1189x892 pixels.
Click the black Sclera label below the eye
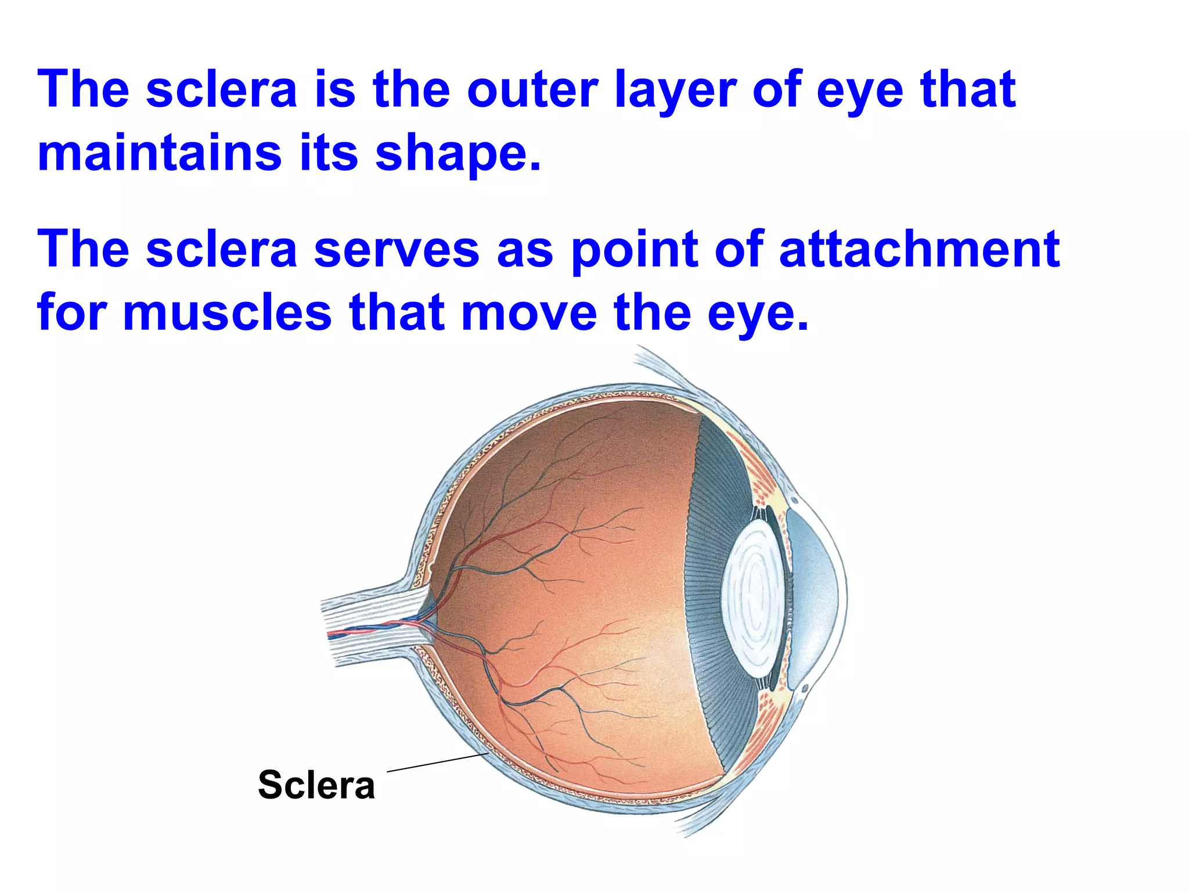pyautogui.click(x=316, y=785)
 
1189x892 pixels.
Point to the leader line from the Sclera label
pyautogui.click(x=437, y=762)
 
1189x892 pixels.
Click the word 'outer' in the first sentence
pyautogui.click(x=532, y=89)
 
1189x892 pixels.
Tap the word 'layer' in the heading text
pyautogui.click(x=675, y=91)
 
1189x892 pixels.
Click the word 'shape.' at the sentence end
pyautogui.click(x=459, y=154)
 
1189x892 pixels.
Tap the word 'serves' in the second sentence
pyautogui.click(x=397, y=250)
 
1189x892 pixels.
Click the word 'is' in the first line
pyautogui.click(x=335, y=89)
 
